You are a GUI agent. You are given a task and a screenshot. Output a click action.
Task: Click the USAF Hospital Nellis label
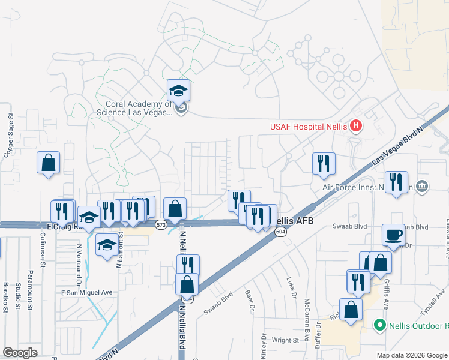tap(307, 126)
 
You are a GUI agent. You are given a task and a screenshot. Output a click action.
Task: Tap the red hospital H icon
tap(356, 125)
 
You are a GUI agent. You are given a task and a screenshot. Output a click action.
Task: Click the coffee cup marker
tap(394, 235)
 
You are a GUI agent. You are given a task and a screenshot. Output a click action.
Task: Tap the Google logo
tap(20, 353)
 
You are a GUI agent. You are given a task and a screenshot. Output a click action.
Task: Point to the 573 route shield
tap(160, 225)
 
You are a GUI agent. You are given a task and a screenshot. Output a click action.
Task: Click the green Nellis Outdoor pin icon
tap(379, 325)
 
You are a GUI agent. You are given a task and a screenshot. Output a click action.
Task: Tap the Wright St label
tap(285, 340)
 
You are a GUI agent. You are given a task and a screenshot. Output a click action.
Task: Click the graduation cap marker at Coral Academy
tap(178, 91)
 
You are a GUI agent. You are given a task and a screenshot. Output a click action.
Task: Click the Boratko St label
tap(5, 298)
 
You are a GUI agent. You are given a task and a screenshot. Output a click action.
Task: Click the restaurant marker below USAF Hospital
tap(324, 163)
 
